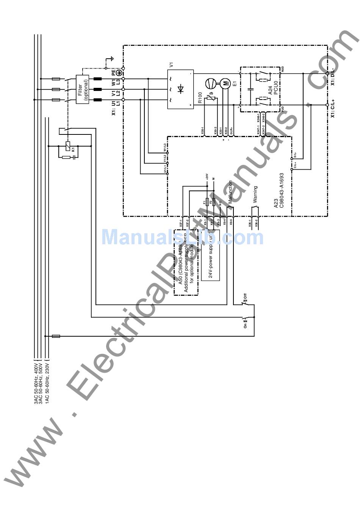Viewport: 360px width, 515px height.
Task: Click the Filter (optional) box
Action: pyautogui.click(x=83, y=89)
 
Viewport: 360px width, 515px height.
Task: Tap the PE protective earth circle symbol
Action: pyautogui.click(x=119, y=72)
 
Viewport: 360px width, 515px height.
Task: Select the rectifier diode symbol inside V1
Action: pyautogui.click(x=181, y=89)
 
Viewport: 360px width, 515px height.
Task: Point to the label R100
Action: pyautogui.click(x=200, y=98)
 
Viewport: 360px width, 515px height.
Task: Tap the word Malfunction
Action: pyautogui.click(x=230, y=192)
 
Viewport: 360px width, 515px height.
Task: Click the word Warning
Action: pyautogui.click(x=255, y=194)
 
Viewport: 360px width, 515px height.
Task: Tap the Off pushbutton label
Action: pyautogui.click(x=245, y=296)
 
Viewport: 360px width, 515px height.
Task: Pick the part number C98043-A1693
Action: pyautogui.click(x=282, y=191)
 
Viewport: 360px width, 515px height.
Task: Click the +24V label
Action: pyautogui.click(x=207, y=176)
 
